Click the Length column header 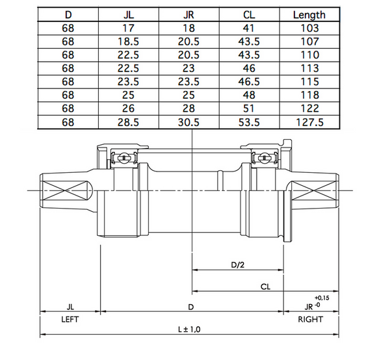309,14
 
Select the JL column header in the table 129,14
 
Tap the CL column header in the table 248,14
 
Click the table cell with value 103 309,28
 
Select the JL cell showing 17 129,28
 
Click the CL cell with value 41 248,28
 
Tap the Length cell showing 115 309,83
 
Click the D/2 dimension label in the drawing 238,264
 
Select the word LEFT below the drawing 70,319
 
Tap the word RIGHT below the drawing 310,319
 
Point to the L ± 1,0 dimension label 189,329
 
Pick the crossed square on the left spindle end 65,192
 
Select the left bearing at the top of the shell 122,158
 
